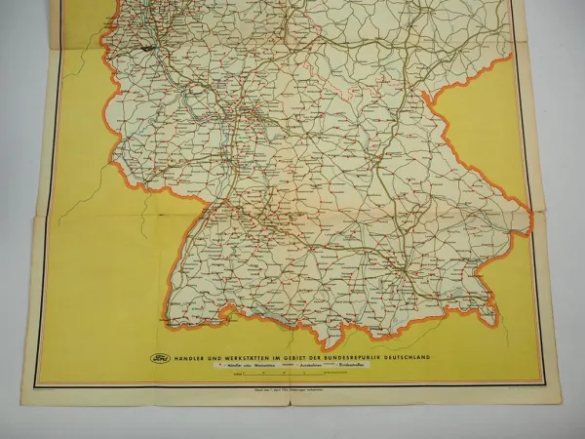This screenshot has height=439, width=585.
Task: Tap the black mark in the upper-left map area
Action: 148,47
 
